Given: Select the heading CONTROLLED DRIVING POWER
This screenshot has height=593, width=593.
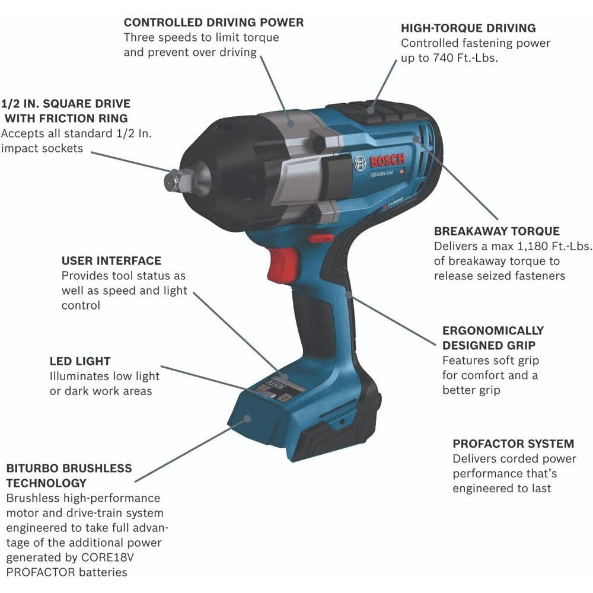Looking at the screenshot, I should (x=213, y=23).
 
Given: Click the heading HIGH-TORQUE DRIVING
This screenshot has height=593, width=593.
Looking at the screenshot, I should (x=468, y=28).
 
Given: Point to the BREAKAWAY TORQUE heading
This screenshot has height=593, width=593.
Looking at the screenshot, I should (x=497, y=231).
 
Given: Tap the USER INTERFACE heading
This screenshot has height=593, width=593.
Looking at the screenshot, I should (x=111, y=261).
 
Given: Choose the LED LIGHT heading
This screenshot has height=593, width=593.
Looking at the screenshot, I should (x=80, y=361).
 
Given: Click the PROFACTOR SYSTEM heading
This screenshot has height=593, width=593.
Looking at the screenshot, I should (x=514, y=444).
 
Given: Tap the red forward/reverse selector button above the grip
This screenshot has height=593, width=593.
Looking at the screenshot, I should (x=320, y=238).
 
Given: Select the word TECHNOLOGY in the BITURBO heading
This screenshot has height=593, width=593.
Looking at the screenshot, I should (x=46, y=483).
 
